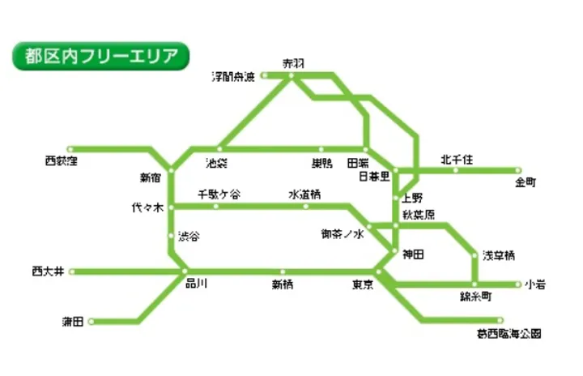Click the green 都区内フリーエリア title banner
(100, 58)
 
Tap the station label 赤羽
(291, 63)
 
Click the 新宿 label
(151, 176)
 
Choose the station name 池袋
(216, 164)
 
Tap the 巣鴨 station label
(321, 164)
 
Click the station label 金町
(526, 182)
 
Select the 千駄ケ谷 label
(219, 194)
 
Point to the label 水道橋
(305, 194)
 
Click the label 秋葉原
(419, 215)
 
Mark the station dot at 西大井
(72, 271)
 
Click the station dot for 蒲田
(91, 322)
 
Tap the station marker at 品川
(185, 271)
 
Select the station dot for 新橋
(283, 271)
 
